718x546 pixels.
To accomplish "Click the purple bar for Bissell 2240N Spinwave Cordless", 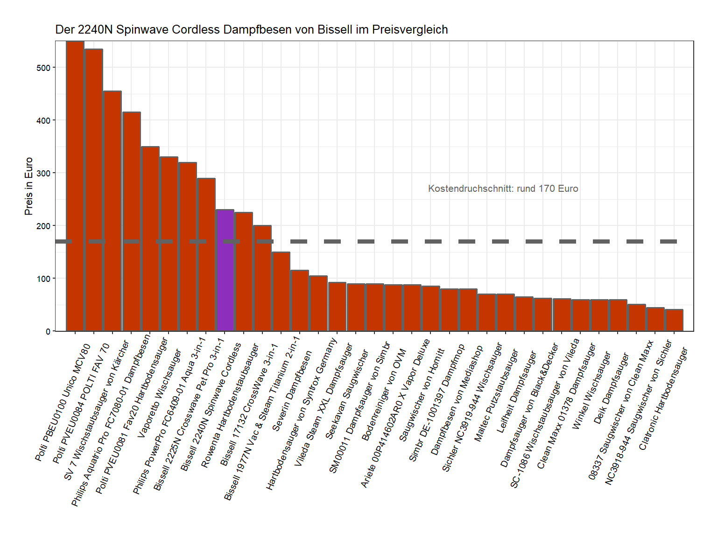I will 225,271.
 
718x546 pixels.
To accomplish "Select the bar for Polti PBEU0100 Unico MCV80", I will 75,187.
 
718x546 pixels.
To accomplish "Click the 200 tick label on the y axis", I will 43,226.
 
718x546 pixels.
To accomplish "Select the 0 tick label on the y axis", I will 48,331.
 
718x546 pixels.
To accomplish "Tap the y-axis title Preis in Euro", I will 29,186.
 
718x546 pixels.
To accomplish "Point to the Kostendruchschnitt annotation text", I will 503,189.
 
